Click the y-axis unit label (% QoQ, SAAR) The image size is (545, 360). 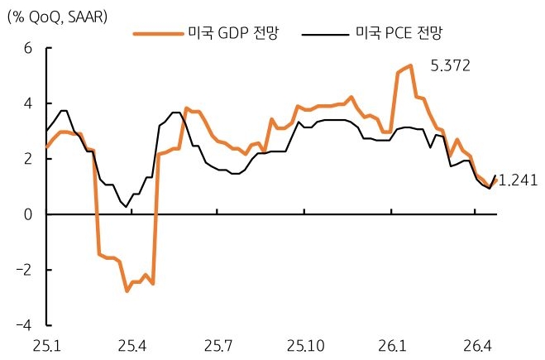(56, 15)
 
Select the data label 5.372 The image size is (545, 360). (450, 65)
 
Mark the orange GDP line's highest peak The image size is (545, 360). (411, 65)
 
